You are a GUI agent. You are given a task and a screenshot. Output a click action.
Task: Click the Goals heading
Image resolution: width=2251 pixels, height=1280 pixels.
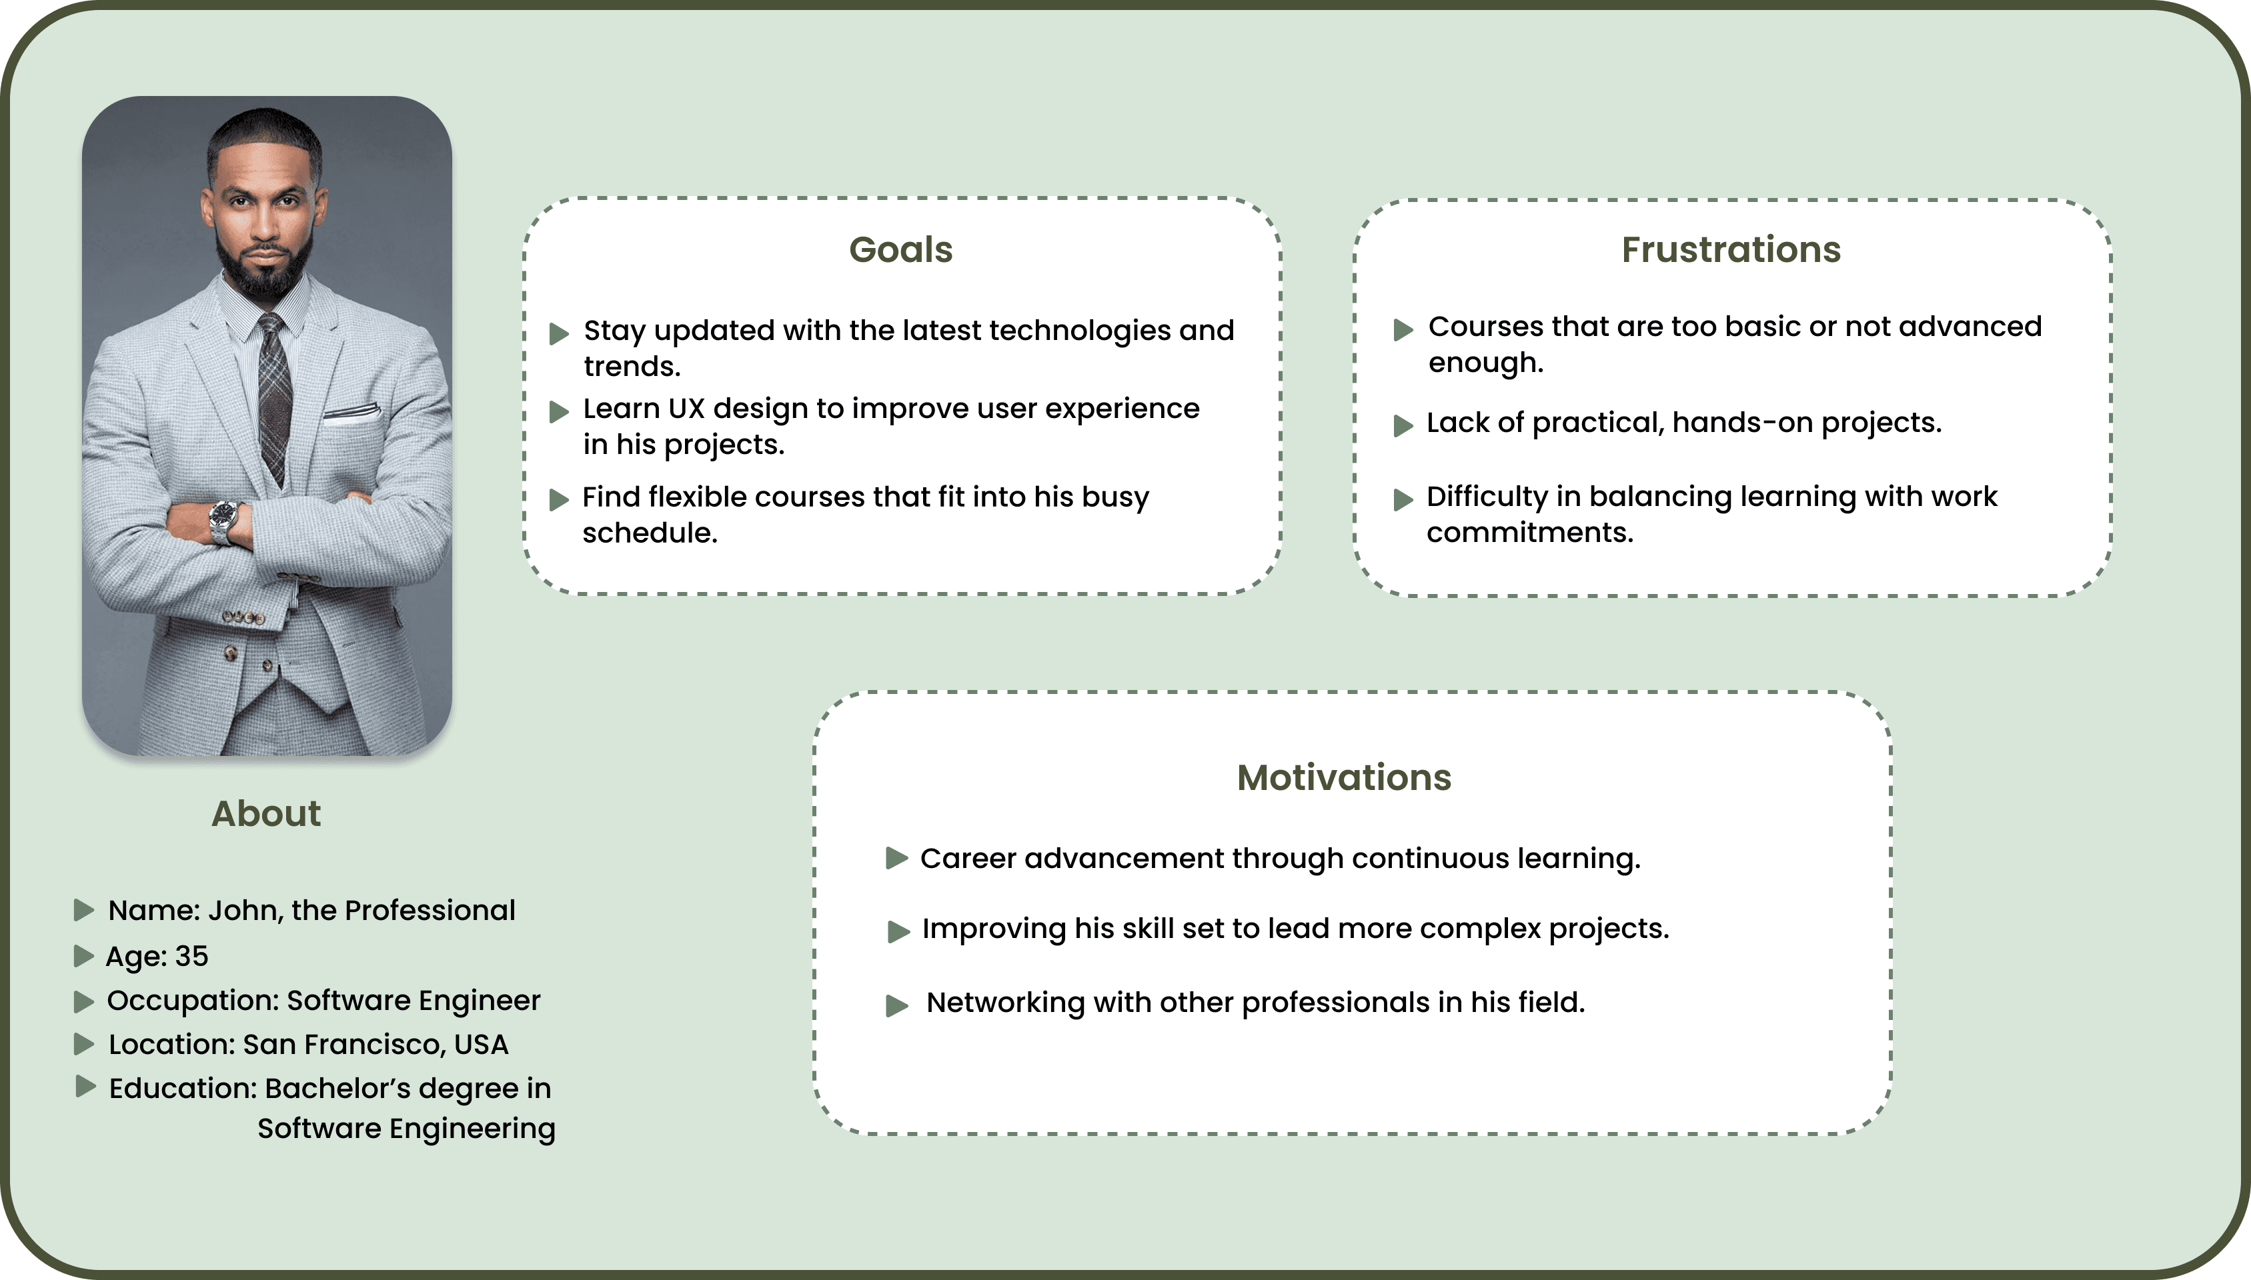[x=900, y=250]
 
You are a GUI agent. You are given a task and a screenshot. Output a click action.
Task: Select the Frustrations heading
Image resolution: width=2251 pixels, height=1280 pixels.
[x=1731, y=250]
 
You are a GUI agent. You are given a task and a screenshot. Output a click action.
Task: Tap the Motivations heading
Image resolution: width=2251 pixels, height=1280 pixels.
[x=1343, y=778]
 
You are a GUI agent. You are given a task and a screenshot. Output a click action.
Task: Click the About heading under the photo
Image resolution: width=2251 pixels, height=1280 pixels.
[x=265, y=814]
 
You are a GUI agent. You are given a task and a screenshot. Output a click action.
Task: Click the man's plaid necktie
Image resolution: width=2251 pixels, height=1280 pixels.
[x=273, y=395]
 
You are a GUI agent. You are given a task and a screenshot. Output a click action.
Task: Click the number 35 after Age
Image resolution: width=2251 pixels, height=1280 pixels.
[x=191, y=957]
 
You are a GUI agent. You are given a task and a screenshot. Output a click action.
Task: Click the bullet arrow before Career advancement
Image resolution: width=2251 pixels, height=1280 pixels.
[x=896, y=858]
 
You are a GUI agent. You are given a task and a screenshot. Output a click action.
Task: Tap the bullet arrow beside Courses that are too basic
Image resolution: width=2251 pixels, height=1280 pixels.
[x=1403, y=330]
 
